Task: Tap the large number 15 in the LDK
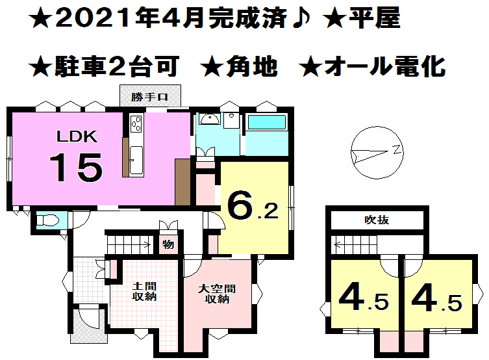(x=76, y=168)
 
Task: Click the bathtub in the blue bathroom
(x=266, y=123)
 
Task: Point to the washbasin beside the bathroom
(x=209, y=119)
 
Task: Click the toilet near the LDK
(x=47, y=221)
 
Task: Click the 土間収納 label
(x=144, y=292)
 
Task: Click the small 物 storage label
(x=168, y=246)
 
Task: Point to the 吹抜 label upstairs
(x=377, y=220)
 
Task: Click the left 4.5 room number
(x=363, y=301)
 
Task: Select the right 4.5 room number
(x=437, y=301)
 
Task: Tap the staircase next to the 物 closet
(x=130, y=245)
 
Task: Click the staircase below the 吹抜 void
(x=355, y=245)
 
